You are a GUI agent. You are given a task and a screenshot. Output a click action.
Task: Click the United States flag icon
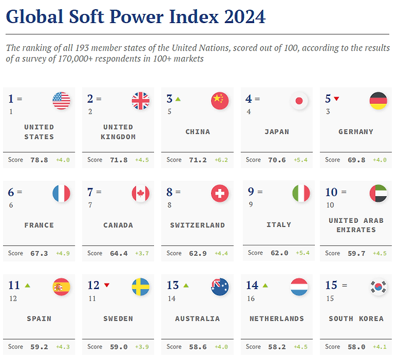pos(61,101)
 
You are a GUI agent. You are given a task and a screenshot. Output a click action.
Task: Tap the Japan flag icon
pos(299,101)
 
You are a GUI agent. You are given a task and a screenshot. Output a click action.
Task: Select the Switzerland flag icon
pos(220,194)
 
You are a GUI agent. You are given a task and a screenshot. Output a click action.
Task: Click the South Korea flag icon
pos(378,287)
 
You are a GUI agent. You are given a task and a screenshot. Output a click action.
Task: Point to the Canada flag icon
pos(140,194)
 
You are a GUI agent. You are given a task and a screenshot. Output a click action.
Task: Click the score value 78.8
pos(39,160)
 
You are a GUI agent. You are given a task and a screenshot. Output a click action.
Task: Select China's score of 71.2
pos(198,160)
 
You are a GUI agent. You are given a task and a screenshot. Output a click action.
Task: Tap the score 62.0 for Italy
pos(279,253)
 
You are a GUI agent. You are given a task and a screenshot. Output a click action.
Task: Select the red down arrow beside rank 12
pos(107,285)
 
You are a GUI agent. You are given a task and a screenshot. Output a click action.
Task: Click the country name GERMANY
pos(356,132)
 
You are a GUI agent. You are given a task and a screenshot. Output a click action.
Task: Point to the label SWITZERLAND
pos(197,225)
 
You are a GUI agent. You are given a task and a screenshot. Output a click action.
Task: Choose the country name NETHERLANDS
pos(277,319)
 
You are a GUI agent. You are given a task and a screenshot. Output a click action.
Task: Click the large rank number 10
pos(331,192)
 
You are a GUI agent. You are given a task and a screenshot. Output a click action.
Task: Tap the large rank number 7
pos(90,192)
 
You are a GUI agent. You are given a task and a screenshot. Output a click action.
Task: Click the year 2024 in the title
pos(243,16)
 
